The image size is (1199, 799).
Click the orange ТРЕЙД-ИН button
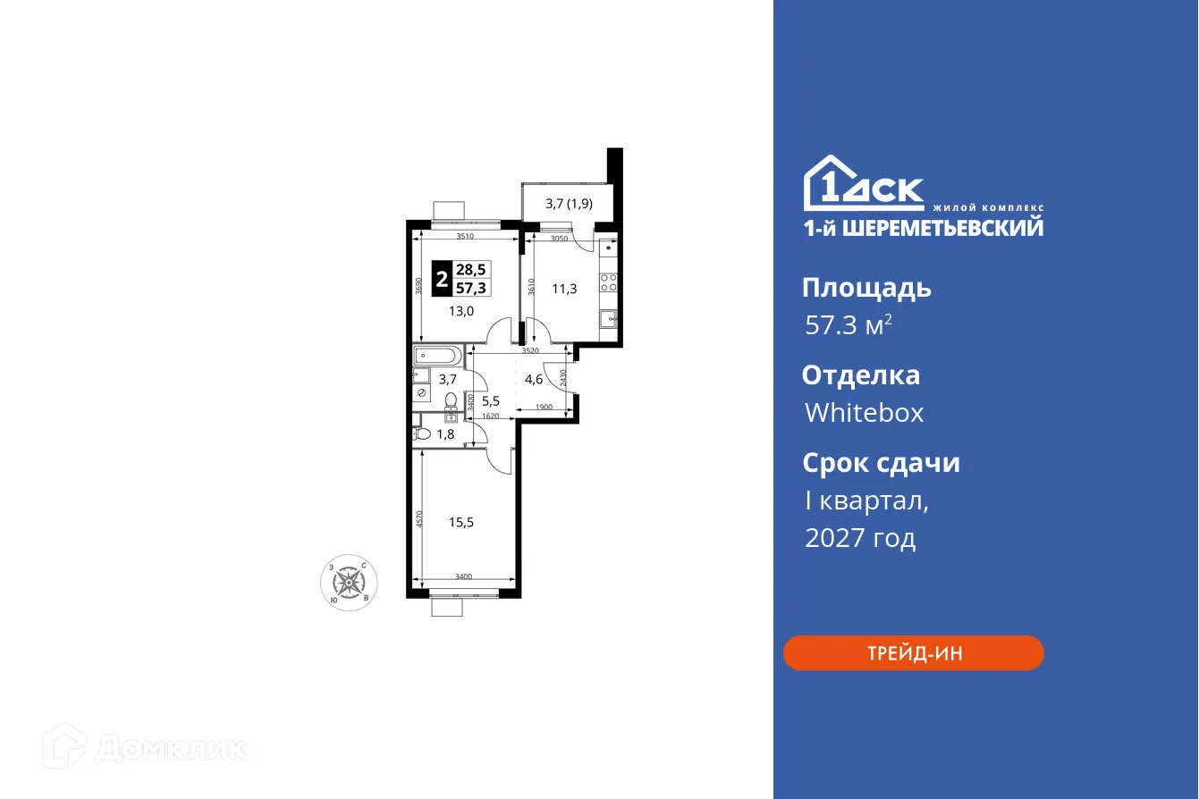click(913, 653)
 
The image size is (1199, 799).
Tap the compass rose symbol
click(349, 584)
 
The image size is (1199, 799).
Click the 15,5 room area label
click(460, 522)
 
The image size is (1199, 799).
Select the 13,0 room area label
click(460, 311)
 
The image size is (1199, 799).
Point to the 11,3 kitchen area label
click(563, 288)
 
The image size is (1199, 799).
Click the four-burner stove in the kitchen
click(608, 283)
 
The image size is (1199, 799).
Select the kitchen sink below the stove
click(608, 317)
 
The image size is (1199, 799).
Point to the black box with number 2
click(441, 279)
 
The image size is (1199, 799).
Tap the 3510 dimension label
click(465, 237)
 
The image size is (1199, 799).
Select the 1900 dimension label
click(544, 408)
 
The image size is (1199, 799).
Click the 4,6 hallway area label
click(534, 379)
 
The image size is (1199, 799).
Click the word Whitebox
click(864, 413)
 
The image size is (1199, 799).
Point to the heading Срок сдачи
click(880, 463)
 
